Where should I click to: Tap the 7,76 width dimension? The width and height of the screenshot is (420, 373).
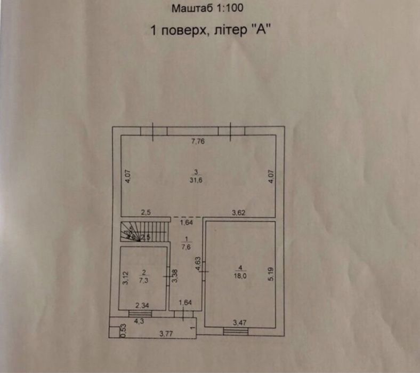(198, 141)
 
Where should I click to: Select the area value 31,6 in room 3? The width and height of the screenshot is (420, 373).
(197, 180)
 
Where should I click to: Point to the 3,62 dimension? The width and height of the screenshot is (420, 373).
(238, 213)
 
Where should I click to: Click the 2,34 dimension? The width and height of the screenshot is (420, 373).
(142, 305)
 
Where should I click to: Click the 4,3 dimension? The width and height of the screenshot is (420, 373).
(139, 321)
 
